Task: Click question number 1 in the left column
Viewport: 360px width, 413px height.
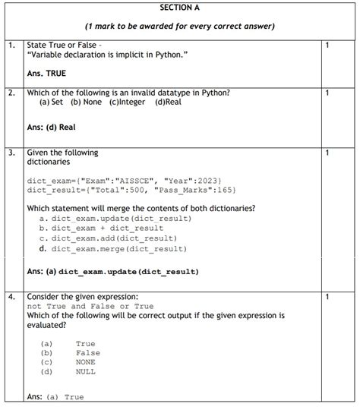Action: coord(11,46)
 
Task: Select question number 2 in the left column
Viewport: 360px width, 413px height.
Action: coord(11,93)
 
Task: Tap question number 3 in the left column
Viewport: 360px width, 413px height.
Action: coord(11,153)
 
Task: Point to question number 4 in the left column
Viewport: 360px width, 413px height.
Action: coord(11,295)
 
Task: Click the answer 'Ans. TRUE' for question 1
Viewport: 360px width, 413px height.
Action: coord(46,74)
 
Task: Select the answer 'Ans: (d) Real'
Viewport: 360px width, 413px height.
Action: coord(51,128)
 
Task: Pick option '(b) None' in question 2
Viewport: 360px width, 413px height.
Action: coord(86,102)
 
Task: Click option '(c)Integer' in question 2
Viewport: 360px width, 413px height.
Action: coord(128,102)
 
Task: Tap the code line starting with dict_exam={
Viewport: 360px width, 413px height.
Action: coord(124,180)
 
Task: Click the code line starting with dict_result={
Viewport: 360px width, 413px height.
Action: coord(131,189)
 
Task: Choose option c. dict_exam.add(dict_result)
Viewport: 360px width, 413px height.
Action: coord(109,238)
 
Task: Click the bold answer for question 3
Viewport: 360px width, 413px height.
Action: coord(112,271)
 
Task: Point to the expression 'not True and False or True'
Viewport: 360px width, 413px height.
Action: coord(90,306)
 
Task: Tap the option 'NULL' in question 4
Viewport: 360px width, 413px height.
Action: coord(85,372)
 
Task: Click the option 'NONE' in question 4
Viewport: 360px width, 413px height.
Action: coord(85,362)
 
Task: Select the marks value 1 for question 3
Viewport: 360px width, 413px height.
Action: coord(327,153)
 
